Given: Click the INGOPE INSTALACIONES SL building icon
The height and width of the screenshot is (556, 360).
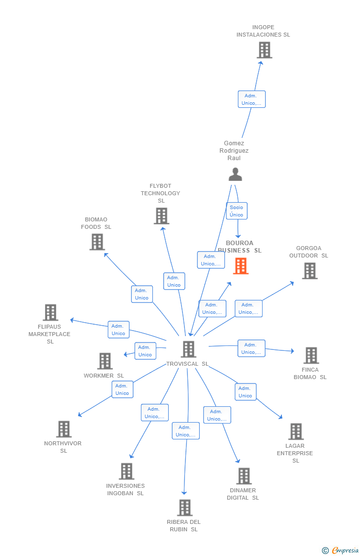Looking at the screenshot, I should (265, 50).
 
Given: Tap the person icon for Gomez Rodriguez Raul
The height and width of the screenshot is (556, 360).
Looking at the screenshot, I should (235, 174).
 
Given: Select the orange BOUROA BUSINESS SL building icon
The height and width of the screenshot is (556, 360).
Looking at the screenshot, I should (241, 266).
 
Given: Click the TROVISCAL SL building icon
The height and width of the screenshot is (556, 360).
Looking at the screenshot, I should (188, 349).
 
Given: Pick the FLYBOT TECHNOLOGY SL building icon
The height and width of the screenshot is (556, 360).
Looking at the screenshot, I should (161, 216).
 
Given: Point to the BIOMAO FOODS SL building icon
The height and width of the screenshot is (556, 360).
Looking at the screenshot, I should (97, 242).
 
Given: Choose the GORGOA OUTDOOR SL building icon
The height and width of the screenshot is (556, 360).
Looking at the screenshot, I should (310, 271).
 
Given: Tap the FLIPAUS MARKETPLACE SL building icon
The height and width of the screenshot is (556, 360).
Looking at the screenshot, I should (50, 312).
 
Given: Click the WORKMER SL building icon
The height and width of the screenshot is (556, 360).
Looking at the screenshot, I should (105, 361).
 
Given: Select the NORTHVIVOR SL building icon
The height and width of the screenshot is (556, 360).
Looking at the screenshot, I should (64, 429).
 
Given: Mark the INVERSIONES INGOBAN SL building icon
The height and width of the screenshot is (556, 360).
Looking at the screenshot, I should (127, 471).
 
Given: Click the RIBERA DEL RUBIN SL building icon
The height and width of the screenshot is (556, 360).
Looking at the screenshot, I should (184, 508).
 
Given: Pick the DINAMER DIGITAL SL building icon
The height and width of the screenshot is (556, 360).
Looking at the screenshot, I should (244, 476).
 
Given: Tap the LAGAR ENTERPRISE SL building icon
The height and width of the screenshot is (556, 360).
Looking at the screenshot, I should (296, 431).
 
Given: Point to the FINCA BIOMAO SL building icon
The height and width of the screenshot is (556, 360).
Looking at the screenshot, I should (311, 355).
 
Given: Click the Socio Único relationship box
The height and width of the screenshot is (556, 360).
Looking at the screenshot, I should (236, 211).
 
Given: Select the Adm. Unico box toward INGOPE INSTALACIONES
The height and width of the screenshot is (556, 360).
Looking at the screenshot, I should (252, 99).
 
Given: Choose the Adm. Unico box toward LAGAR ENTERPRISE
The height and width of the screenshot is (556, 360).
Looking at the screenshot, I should (245, 392).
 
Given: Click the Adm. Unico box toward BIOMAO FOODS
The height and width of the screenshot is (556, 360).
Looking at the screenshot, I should (141, 294).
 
